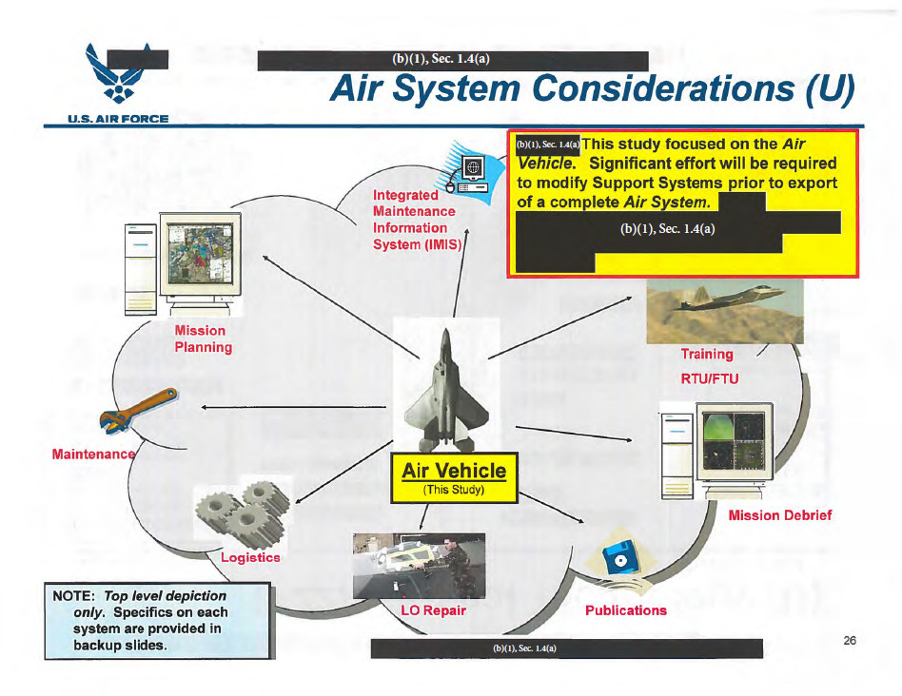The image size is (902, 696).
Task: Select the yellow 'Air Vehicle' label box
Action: click(x=454, y=477)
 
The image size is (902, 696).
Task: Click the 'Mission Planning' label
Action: click(x=203, y=338)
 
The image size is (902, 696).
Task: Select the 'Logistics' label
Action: click(x=250, y=557)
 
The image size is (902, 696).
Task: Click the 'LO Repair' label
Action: click(x=433, y=609)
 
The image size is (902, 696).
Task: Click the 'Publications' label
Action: click(x=625, y=609)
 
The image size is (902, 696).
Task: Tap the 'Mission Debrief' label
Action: click(x=779, y=515)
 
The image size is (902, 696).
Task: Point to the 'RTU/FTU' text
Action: click(x=709, y=378)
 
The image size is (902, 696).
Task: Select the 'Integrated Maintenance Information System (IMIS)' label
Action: click(x=417, y=220)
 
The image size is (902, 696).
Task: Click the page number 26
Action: click(x=850, y=640)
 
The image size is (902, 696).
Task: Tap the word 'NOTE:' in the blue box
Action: click(x=69, y=595)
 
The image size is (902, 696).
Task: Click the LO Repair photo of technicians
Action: click(x=420, y=564)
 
